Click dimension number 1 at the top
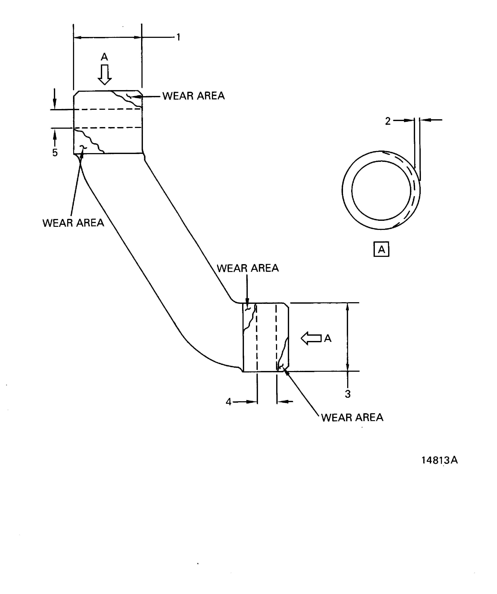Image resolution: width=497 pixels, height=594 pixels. click(178, 37)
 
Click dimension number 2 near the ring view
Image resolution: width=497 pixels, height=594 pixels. click(388, 121)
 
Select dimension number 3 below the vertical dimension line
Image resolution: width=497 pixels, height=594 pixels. click(348, 394)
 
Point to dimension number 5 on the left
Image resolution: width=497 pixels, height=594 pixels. click(55, 153)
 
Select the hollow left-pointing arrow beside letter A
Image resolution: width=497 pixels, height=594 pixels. click(311, 338)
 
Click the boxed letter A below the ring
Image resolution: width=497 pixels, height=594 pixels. click(381, 249)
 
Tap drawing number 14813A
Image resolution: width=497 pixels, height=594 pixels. click(439, 460)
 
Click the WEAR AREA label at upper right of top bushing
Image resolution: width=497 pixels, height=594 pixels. click(194, 96)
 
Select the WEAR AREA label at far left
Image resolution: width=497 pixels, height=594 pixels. click(73, 223)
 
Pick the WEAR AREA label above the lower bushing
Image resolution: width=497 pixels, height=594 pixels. click(248, 268)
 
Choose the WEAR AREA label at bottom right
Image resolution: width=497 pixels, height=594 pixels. click(352, 417)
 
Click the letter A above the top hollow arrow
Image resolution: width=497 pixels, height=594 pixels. click(104, 57)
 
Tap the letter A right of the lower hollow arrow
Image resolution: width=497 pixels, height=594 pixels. click(328, 338)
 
